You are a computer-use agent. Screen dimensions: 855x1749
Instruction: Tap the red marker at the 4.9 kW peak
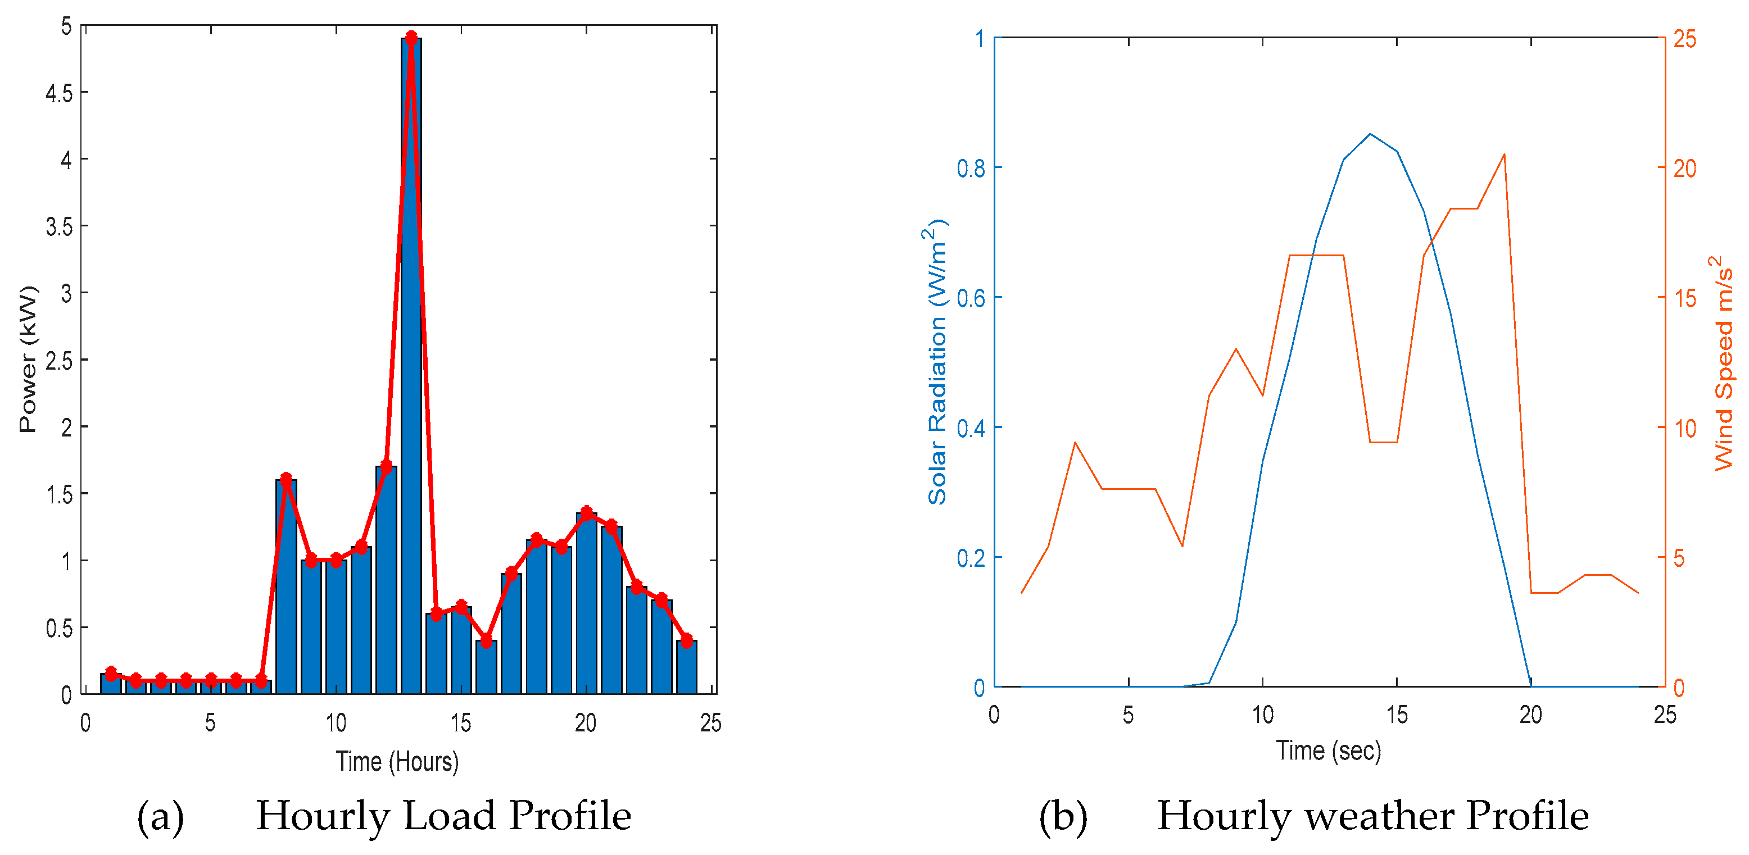(x=411, y=37)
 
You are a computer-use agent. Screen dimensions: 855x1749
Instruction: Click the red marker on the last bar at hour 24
(x=686, y=640)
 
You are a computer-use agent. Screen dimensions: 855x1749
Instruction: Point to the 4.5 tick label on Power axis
(x=59, y=93)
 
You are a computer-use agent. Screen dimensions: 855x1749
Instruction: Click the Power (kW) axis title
(x=28, y=360)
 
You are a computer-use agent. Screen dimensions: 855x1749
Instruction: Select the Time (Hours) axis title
(x=397, y=761)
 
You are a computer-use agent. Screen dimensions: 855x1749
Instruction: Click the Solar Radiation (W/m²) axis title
(x=937, y=363)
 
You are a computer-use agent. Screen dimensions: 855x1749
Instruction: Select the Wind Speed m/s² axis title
(x=1723, y=363)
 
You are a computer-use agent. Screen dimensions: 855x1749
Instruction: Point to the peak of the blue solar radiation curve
(x=1370, y=134)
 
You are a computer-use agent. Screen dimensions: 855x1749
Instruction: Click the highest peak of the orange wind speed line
(x=1504, y=154)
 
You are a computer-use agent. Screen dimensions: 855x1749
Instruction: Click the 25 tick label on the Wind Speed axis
(x=1684, y=39)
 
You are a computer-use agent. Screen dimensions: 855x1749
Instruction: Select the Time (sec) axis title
(x=1328, y=751)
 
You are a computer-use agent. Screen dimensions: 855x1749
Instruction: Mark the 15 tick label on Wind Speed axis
(x=1684, y=298)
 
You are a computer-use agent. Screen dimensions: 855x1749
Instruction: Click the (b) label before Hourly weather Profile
(x=1063, y=816)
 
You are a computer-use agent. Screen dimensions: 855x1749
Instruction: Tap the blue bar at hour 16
(x=486, y=667)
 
